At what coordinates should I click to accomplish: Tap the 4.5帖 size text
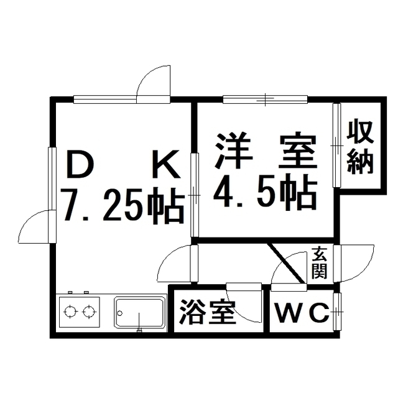tap(266, 192)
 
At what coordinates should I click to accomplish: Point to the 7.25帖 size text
tap(124, 206)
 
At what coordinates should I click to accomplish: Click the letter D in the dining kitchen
tap(81, 164)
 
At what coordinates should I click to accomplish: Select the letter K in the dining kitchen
tap(166, 164)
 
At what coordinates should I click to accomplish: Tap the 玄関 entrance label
tap(320, 263)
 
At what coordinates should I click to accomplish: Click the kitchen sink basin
tap(139, 313)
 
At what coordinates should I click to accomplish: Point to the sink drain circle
tap(120, 313)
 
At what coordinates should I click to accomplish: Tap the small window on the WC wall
tap(337, 311)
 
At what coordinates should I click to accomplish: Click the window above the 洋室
tap(266, 99)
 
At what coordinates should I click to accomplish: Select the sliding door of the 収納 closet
tap(336, 145)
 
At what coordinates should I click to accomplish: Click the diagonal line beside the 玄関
tap(286, 263)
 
